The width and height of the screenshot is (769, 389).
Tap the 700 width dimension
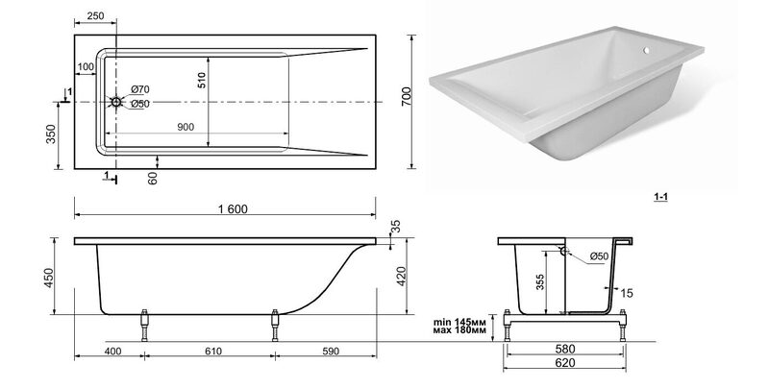click(x=407, y=97)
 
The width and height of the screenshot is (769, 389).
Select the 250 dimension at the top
click(x=95, y=15)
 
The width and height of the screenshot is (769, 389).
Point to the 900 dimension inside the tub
click(x=186, y=128)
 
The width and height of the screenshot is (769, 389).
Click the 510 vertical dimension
click(x=202, y=80)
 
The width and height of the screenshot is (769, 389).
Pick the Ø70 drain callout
click(x=140, y=89)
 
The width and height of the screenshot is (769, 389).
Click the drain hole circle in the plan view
click(x=116, y=102)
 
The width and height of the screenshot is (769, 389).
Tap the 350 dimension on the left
click(x=51, y=134)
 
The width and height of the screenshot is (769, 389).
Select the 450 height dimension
click(x=49, y=278)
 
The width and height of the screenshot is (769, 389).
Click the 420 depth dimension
click(x=401, y=276)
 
